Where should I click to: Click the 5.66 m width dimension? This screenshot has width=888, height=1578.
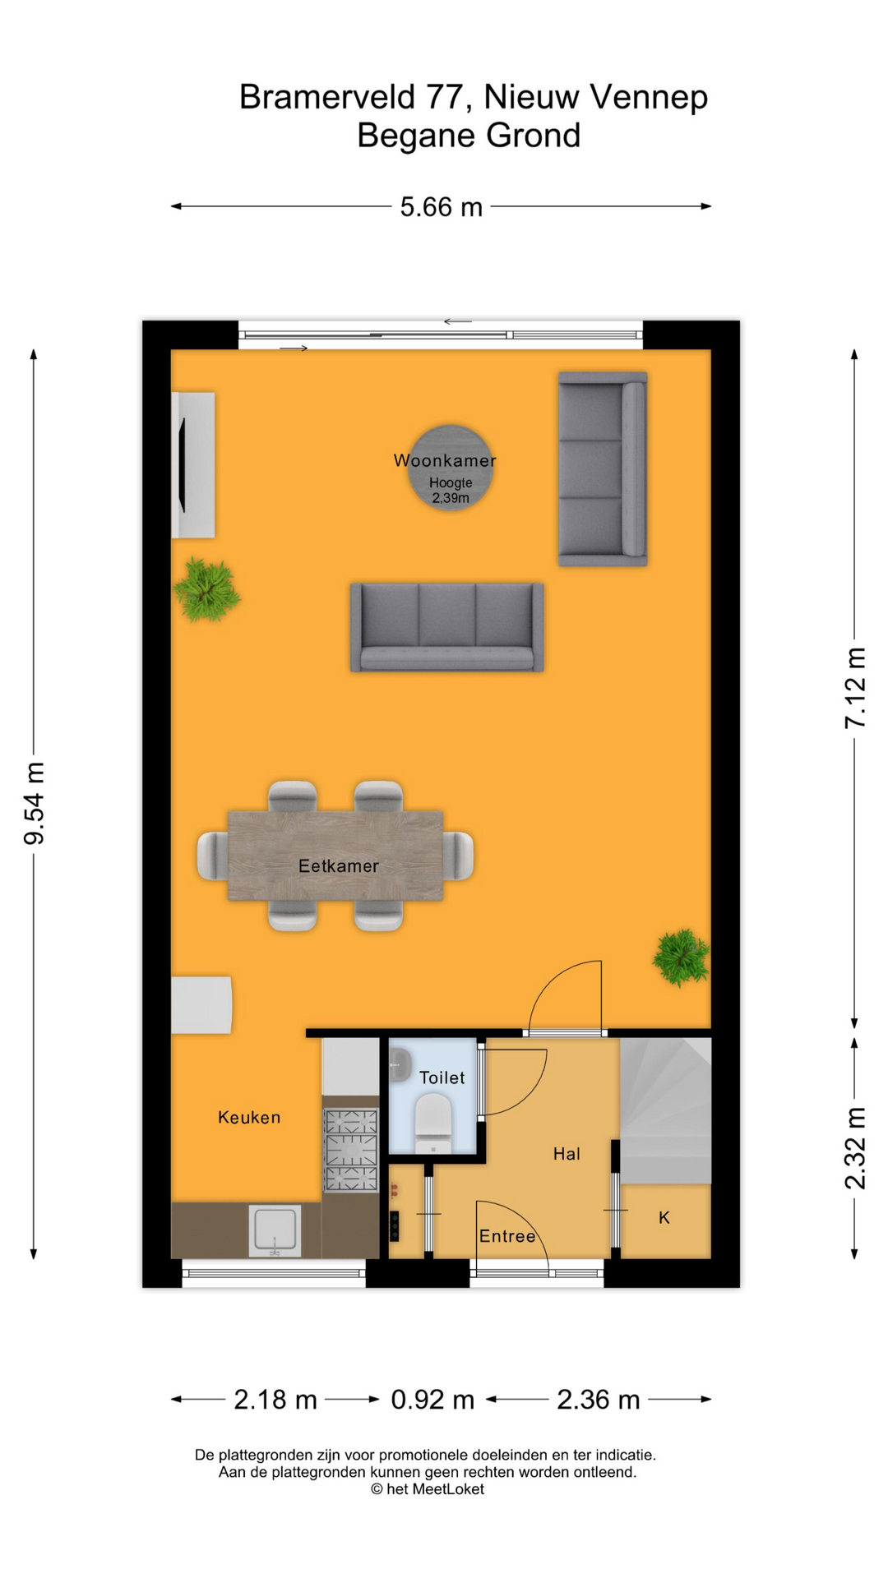tap(441, 207)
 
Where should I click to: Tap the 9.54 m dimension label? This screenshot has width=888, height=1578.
tap(34, 803)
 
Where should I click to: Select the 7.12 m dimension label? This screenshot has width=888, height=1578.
tap(855, 687)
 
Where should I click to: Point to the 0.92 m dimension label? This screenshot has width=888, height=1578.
tap(432, 1399)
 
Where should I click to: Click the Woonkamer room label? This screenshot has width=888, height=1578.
tap(445, 460)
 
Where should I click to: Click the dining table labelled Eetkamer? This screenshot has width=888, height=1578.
tap(335, 856)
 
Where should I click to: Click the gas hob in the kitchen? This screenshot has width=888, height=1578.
tap(351, 1150)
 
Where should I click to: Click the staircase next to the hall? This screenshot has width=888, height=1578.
tap(665, 1110)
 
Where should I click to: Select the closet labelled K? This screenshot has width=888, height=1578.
tap(664, 1218)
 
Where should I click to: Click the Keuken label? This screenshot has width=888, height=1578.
tap(249, 1117)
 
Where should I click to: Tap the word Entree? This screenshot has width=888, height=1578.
tap(507, 1236)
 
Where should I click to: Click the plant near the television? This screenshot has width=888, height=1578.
tap(206, 589)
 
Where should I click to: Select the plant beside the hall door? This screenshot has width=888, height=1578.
tap(681, 957)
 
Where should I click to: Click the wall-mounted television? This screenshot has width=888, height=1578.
tap(183, 465)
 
